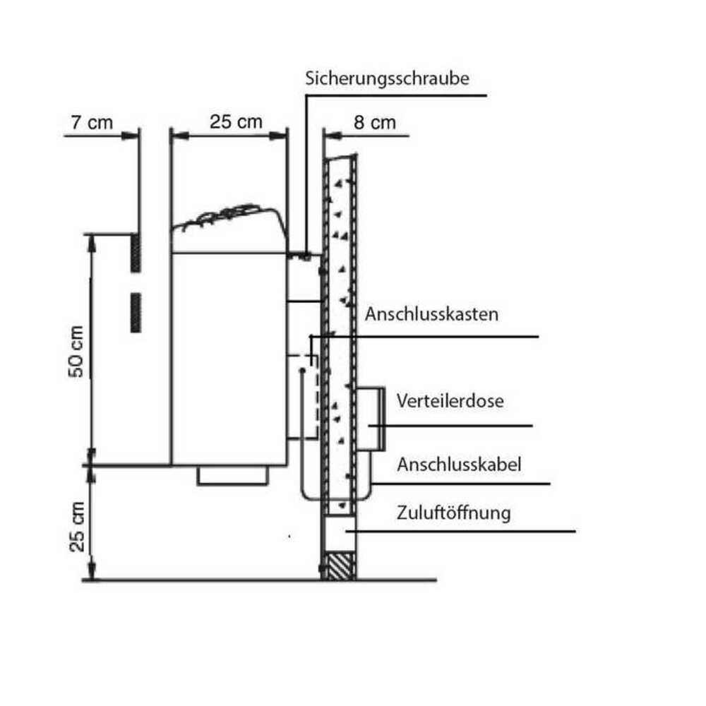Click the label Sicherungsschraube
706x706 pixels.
(x=387, y=78)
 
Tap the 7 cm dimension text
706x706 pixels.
(x=91, y=122)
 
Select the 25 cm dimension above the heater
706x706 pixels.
(x=236, y=122)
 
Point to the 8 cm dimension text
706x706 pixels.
(x=374, y=122)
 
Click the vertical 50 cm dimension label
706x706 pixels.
(x=77, y=351)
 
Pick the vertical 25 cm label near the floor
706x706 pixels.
(x=78, y=526)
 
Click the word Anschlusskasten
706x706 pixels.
(x=431, y=314)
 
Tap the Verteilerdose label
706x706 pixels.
(x=450, y=401)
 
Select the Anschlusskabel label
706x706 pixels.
(x=459, y=465)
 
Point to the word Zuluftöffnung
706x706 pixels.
(x=453, y=513)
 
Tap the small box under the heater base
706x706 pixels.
(x=232, y=475)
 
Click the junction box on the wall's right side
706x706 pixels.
(x=371, y=419)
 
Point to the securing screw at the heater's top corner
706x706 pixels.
(x=304, y=254)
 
